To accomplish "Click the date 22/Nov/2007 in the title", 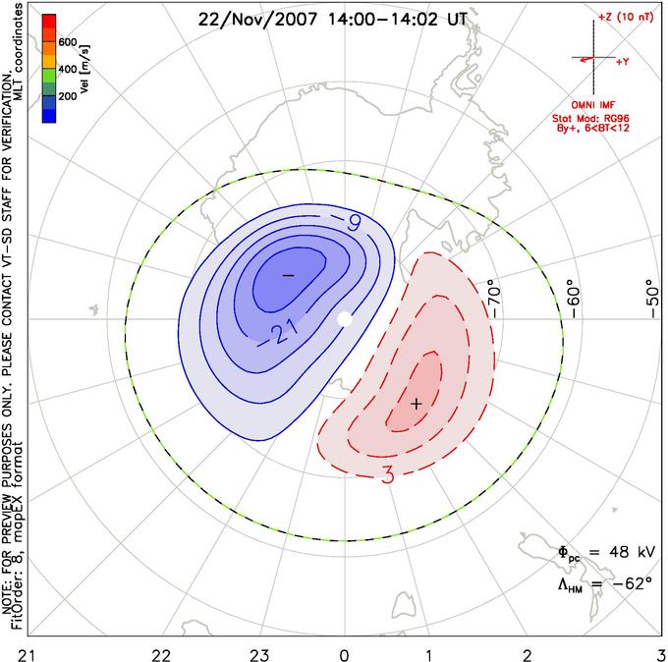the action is pyautogui.click(x=257, y=20).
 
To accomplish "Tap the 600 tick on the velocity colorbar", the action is pyautogui.click(x=68, y=42).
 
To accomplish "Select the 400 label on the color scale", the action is pyautogui.click(x=68, y=69).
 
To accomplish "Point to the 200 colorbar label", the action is pyautogui.click(x=68, y=96).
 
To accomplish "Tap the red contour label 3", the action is pyautogui.click(x=388, y=475).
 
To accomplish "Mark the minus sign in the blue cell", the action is pyautogui.click(x=289, y=276).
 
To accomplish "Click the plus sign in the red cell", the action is pyautogui.click(x=417, y=404).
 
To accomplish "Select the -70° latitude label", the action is pyautogui.click(x=494, y=299).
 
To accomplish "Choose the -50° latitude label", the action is pyautogui.click(x=652, y=299).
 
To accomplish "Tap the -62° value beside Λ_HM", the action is pyautogui.click(x=633, y=582).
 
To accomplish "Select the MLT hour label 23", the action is pyautogui.click(x=260, y=655).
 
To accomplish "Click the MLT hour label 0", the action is pyautogui.click(x=344, y=655).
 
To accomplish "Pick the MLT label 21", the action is pyautogui.click(x=28, y=655).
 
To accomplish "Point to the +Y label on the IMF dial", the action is pyautogui.click(x=623, y=62).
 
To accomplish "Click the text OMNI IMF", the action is pyautogui.click(x=593, y=105).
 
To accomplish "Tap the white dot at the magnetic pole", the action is pyautogui.click(x=345, y=318).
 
